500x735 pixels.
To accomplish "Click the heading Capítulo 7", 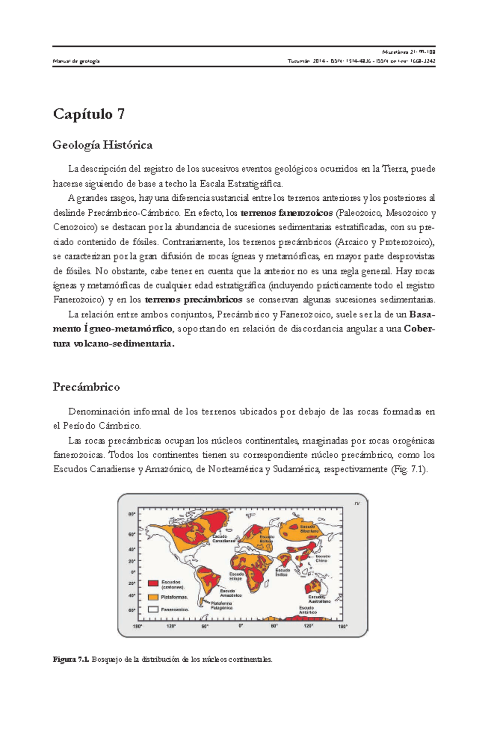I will coord(89,114).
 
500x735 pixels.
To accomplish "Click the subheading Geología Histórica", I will coord(102,145).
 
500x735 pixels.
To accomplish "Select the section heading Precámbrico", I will coord(86,387).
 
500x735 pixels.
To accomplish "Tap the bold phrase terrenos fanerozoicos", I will coord(287,213).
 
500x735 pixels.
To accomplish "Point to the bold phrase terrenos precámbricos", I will coord(193,300).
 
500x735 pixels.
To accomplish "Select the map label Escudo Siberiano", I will coord(309,529).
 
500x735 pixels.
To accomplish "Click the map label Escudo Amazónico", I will coord(230,593).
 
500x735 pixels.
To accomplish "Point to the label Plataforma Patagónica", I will coord(221,605).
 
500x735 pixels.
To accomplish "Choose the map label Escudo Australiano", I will coord(319,599).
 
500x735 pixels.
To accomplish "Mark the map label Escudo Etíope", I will coord(236,576).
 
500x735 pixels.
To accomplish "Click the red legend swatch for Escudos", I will coord(153,583).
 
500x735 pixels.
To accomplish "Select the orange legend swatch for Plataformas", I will coord(153,597).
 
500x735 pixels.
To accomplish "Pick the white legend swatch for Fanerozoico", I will coord(153,609).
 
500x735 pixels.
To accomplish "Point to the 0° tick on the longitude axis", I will coord(240,626).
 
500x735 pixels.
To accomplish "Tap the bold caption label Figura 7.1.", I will coord(71,660).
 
